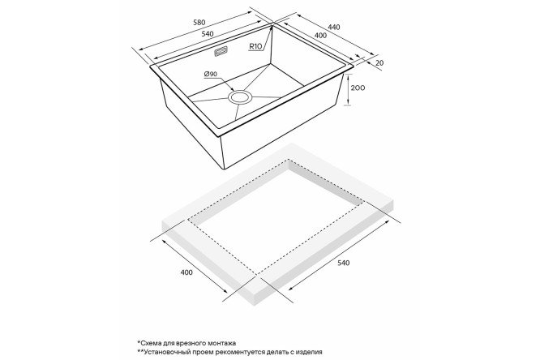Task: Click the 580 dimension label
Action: coord(199,23)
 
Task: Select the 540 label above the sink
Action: coord(208,34)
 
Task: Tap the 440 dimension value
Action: coord(334,27)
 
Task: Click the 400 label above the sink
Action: coord(320,35)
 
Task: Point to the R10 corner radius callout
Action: coord(255,46)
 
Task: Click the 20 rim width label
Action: coord(379,62)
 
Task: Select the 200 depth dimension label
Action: coord(358,88)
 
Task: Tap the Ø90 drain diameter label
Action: coord(211,74)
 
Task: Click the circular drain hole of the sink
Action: coord(241,97)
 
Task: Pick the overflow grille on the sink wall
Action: coord(221,51)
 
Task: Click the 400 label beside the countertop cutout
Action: coord(186,272)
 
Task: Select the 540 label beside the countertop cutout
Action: coord(343,263)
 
